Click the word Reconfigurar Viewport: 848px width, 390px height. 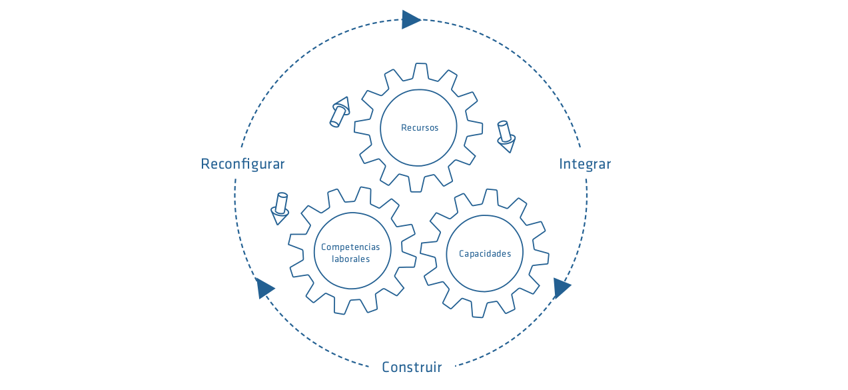pos(242,165)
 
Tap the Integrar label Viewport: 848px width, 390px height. pos(585,165)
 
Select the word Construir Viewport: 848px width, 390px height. pos(412,367)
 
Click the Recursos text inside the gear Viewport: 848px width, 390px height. pos(420,128)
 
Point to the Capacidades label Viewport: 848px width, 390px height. pos(485,253)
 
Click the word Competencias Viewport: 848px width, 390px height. pos(350,247)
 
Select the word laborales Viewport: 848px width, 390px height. pos(350,259)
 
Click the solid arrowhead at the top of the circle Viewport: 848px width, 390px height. pos(412,19)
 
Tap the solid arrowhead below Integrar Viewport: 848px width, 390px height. pos(562,288)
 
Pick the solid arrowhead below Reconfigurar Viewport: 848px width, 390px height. pos(265,288)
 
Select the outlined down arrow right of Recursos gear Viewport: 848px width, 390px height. pos(506,137)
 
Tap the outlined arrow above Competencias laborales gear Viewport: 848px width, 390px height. pos(280,209)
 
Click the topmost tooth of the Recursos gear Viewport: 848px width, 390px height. pos(420,71)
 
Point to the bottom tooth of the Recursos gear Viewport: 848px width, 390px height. pos(416,185)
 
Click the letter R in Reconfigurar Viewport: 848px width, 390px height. pos(205,164)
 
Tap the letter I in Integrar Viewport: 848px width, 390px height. pos(561,164)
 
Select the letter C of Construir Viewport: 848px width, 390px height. pos(386,367)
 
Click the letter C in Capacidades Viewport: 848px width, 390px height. pos(462,253)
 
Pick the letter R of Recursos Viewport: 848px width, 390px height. pos(404,128)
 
